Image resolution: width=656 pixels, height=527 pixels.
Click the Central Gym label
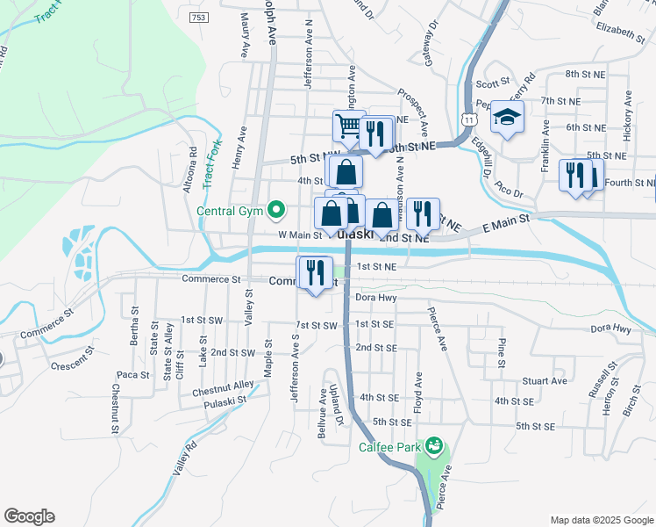click(231, 211)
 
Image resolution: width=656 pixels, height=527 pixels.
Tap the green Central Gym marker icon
click(277, 209)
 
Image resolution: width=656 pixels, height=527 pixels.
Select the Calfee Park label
click(390, 447)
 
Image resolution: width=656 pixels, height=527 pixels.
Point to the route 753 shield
click(196, 18)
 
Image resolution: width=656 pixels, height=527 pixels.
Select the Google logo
click(29, 516)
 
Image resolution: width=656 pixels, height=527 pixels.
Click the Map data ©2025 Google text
click(600, 519)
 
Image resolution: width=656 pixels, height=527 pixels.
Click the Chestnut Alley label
click(224, 385)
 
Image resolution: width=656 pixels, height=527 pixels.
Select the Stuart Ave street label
click(544, 381)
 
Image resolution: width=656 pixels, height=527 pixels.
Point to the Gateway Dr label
click(430, 43)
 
